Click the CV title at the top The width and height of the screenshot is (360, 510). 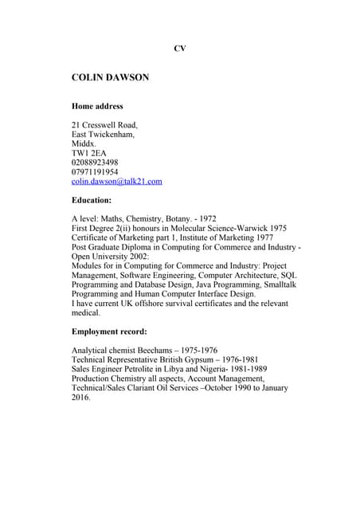click(180, 49)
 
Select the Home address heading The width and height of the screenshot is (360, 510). click(97, 106)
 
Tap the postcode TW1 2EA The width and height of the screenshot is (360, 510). click(88, 153)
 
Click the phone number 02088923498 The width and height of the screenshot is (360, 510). click(95, 163)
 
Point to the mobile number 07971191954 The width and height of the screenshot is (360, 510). click(95, 171)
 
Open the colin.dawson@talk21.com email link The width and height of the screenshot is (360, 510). click(116, 181)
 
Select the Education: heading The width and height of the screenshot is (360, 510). click(92, 200)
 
